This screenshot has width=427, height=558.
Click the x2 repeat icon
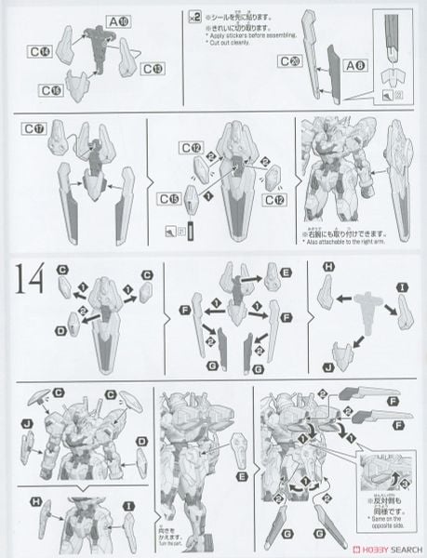[193, 16]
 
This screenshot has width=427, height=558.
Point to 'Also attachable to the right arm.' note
[349, 245]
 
